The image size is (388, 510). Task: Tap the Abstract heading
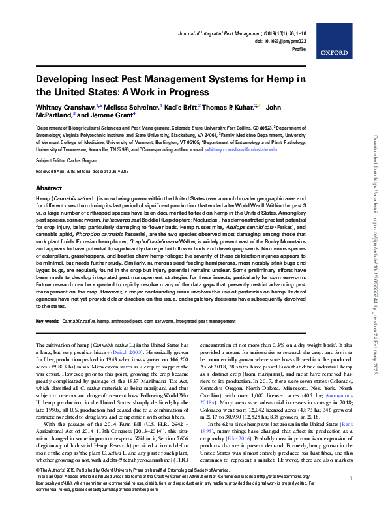tap(48, 186)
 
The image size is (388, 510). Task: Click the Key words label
tap(47, 322)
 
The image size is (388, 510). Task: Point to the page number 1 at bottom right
tap(351, 497)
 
